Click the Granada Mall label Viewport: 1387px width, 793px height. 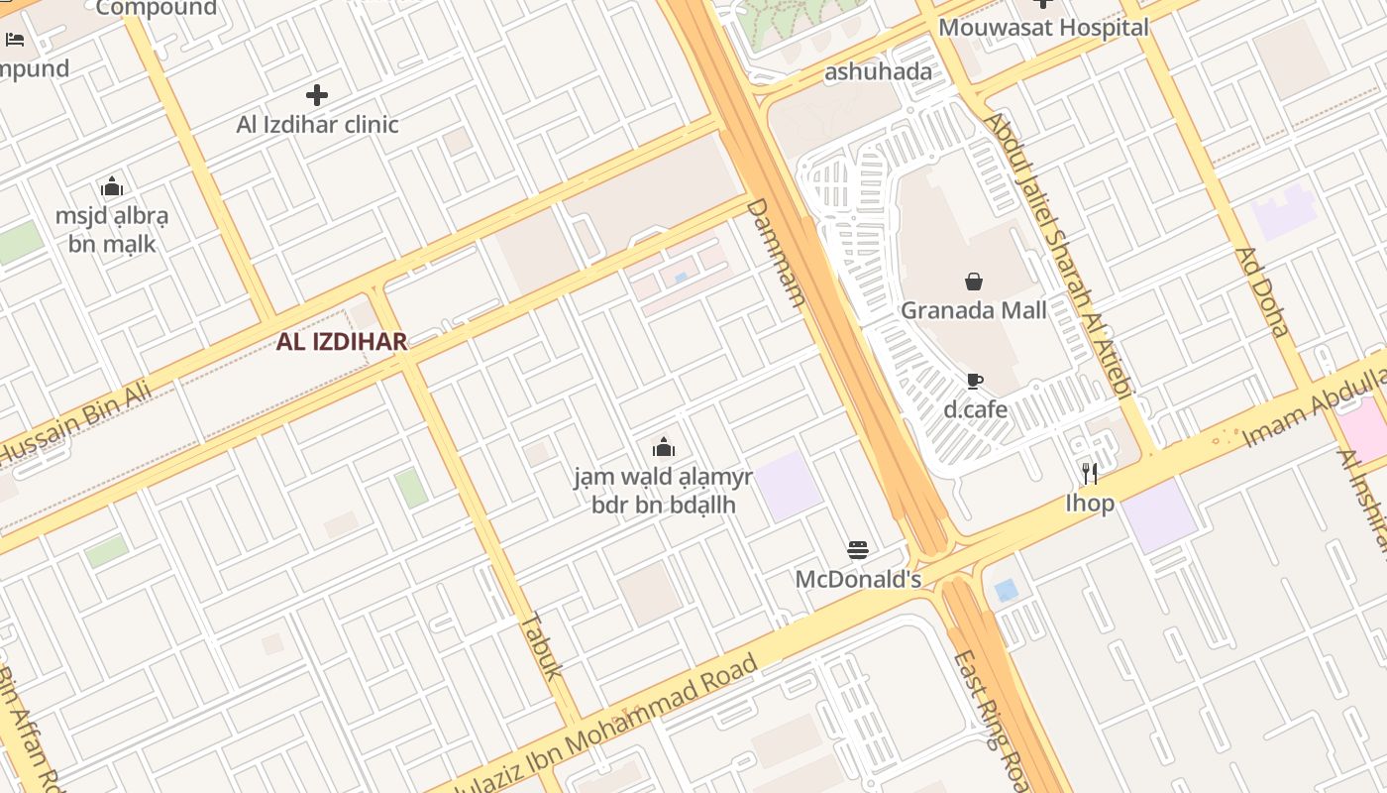coord(973,310)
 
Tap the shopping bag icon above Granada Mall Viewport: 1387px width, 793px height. coord(974,283)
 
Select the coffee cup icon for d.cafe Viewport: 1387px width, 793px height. coord(974,381)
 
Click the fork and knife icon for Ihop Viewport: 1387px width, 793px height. coord(1090,474)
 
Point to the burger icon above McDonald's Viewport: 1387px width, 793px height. coord(858,550)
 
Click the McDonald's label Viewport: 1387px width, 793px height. coord(858,579)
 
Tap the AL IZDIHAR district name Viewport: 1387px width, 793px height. coord(342,342)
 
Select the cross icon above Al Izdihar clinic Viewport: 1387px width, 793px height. coord(317,95)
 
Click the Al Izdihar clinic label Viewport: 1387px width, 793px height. coord(317,125)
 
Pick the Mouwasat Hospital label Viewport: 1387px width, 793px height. coord(1043,28)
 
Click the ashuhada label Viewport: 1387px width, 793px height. coord(878,71)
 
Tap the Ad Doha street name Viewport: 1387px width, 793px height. coord(1262,292)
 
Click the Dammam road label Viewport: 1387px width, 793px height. coord(774,254)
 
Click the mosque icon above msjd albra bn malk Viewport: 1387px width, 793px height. coord(112,186)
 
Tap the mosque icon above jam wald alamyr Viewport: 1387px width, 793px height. coord(664,447)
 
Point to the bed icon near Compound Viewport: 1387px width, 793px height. coord(15,40)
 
